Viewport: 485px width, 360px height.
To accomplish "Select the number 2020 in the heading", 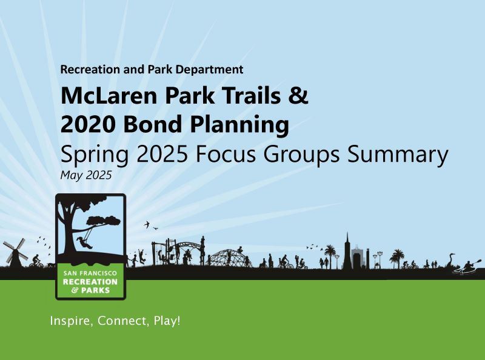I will click(x=87, y=125).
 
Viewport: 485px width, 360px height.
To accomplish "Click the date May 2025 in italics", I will click(x=86, y=175).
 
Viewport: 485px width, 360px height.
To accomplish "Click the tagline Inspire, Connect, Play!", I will click(x=115, y=321).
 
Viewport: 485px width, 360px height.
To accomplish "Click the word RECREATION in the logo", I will click(x=90, y=282).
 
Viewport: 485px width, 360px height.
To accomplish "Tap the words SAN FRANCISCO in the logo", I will click(x=90, y=274).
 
